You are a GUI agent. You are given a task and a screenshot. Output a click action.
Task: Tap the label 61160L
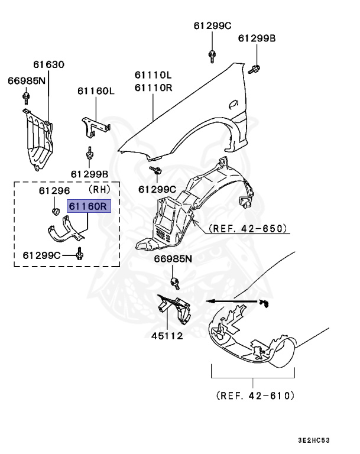(95, 91)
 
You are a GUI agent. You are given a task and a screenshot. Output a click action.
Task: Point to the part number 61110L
(153, 76)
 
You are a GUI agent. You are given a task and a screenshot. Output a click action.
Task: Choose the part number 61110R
(153, 87)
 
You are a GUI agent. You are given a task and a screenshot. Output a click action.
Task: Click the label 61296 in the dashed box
(54, 191)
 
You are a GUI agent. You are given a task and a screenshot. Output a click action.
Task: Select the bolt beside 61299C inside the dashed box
(80, 255)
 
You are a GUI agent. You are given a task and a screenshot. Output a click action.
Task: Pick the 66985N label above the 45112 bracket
(173, 259)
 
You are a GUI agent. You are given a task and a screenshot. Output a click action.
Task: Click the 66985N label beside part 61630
(26, 80)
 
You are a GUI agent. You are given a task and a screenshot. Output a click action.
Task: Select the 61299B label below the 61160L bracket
(89, 174)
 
